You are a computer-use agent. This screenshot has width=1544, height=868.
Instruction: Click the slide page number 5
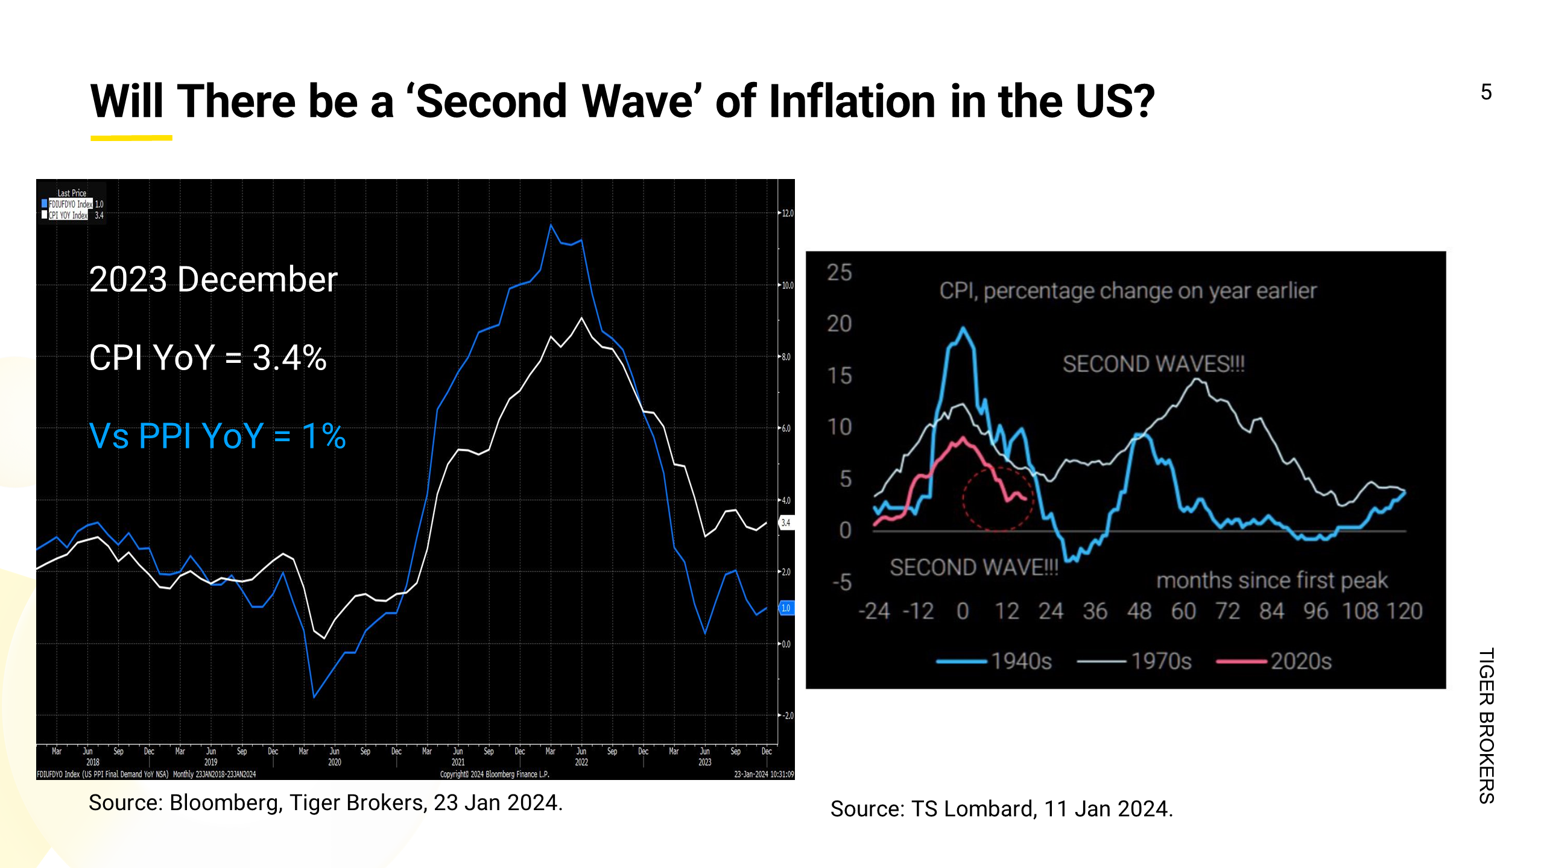1486,92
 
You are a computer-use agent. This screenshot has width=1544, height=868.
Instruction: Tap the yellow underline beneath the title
131,138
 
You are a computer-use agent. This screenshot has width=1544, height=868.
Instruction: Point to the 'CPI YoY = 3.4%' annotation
207,357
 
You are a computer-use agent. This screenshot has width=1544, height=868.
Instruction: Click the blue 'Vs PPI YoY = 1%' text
217,436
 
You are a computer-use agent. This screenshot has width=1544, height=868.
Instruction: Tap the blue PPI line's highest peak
551,225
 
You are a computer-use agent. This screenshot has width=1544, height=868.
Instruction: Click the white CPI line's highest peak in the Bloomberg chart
581,318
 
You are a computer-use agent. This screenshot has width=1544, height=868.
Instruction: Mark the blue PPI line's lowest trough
314,697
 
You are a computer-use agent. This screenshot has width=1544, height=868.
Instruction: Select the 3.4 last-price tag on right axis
786,523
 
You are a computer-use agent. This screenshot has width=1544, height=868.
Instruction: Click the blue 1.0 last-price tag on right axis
786,608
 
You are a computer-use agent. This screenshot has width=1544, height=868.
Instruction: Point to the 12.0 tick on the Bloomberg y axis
788,213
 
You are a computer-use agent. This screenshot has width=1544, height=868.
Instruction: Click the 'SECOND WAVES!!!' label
1153,364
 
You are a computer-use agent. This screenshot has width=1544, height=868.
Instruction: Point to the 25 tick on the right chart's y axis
840,272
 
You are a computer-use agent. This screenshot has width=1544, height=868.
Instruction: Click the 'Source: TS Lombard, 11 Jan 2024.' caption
1001,809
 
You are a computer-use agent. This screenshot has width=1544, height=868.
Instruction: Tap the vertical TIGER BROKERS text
1486,726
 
